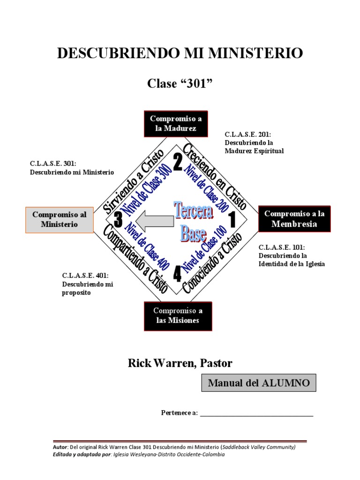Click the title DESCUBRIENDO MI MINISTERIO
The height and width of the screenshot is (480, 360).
tap(180, 53)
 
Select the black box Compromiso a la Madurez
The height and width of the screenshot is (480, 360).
tap(176, 123)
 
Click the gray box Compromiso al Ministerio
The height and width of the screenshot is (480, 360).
tap(59, 219)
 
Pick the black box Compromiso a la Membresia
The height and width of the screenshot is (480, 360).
tap(294, 219)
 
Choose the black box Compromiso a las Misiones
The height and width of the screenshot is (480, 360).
tap(178, 315)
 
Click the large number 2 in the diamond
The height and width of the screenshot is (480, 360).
tap(178, 162)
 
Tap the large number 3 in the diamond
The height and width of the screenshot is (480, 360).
tap(118, 220)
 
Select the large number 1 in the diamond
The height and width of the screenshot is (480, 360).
tap(232, 220)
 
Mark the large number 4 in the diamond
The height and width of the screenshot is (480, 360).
tap(177, 274)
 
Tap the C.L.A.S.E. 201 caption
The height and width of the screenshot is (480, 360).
tap(254, 142)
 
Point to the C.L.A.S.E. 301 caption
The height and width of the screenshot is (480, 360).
tap(72, 168)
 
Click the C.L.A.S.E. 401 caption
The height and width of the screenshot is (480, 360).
tap(88, 284)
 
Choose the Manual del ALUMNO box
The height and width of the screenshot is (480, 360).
tap(259, 382)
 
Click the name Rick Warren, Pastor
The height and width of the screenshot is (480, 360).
tap(180, 363)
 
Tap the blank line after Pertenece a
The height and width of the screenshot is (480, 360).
tap(256, 413)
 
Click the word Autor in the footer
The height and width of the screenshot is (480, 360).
tap(60, 447)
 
